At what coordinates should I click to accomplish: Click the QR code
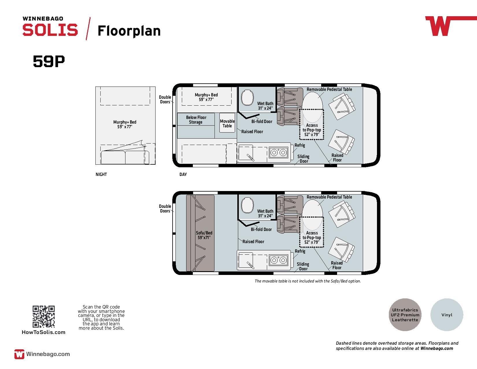click(x=43, y=317)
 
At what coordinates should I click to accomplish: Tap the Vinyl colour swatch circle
click(x=447, y=315)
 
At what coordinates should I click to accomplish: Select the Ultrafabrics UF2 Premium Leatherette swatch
click(x=405, y=315)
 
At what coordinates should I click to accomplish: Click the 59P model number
click(x=49, y=61)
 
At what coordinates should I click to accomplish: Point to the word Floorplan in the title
click(x=129, y=31)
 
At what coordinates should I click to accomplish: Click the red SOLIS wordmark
click(x=50, y=30)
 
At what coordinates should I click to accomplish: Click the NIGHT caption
click(x=101, y=175)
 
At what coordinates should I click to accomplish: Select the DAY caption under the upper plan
click(x=183, y=175)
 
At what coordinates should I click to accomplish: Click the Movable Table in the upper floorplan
click(x=227, y=123)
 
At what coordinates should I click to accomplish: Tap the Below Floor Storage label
click(x=196, y=120)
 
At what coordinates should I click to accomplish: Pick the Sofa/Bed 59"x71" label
click(x=204, y=235)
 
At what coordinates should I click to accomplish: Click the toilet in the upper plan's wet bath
click(x=247, y=97)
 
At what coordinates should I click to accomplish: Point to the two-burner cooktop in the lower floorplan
click(x=279, y=260)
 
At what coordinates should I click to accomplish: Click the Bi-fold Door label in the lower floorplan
click(x=261, y=230)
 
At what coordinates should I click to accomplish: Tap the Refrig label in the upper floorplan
click(x=299, y=145)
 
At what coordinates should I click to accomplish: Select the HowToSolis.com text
click(x=43, y=332)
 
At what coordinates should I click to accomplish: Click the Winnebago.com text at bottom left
click(x=48, y=354)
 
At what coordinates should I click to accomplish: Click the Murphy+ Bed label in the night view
click(x=125, y=124)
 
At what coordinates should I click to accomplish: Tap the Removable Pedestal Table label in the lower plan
click(x=329, y=197)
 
